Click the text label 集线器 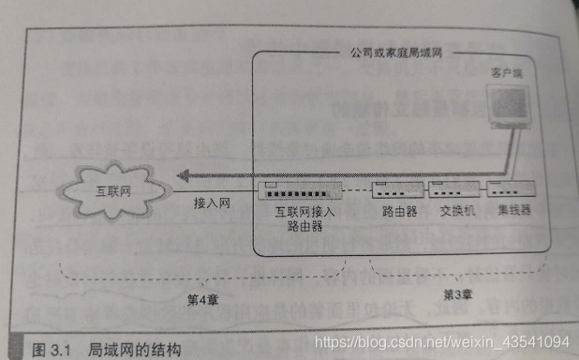coord(513,211)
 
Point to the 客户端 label coord(507,71)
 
